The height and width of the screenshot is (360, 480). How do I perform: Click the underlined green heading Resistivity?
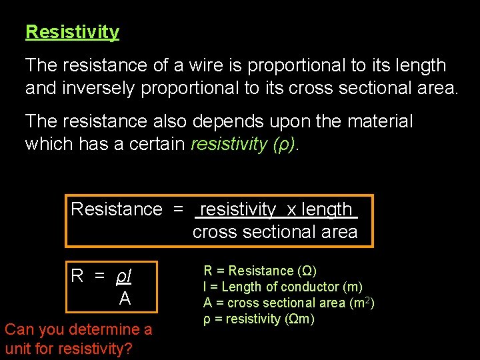pos(72,32)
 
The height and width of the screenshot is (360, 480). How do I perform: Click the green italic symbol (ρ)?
pos(287,144)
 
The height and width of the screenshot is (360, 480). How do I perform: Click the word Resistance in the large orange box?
pos(117,209)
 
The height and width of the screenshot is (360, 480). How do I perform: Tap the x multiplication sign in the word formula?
pos(291,209)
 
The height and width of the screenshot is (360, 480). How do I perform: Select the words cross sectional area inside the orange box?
pos(275,232)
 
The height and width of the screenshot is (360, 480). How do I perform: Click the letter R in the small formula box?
pos(77,276)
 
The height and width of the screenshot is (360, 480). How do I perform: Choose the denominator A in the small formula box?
pos(125,299)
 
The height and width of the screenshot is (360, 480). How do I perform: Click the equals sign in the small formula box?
pos(99,276)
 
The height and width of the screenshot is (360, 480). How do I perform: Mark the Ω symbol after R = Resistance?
pos(308,271)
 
